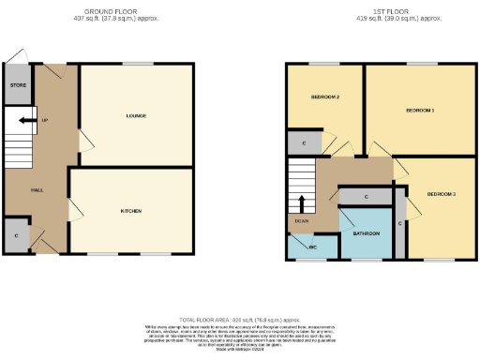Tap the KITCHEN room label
click(x=131, y=212)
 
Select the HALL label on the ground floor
click(x=37, y=189)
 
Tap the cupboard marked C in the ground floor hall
click(x=18, y=236)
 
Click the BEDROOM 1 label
click(x=420, y=110)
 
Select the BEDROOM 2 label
click(x=325, y=97)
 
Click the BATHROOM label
click(x=366, y=232)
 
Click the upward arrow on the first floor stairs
click(x=302, y=203)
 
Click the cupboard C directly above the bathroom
click(x=366, y=197)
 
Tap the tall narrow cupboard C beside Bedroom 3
click(x=399, y=223)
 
